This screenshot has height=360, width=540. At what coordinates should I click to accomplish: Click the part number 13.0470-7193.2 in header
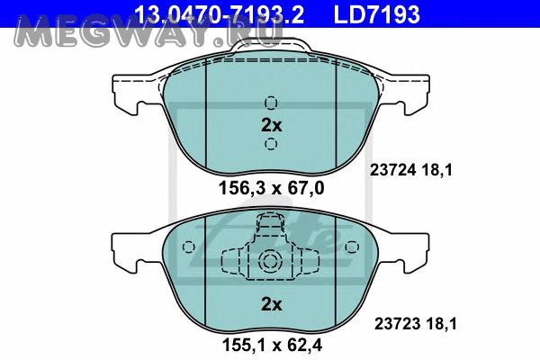coord(219,14)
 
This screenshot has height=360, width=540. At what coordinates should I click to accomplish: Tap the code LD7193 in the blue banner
coord(377,14)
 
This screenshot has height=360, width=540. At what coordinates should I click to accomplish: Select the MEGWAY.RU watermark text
coord(148,33)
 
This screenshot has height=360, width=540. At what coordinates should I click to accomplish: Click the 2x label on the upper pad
coord(272,125)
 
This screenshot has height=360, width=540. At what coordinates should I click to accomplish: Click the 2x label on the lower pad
coord(272,304)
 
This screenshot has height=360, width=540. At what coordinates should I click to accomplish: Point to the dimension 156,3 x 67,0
coord(272,188)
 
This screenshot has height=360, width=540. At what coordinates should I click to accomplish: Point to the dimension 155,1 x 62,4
coord(272,345)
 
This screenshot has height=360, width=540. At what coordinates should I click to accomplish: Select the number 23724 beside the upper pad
coord(391,170)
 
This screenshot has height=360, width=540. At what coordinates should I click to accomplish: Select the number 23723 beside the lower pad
coord(397,324)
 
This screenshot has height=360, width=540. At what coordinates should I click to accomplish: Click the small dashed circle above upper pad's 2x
coord(271,103)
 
